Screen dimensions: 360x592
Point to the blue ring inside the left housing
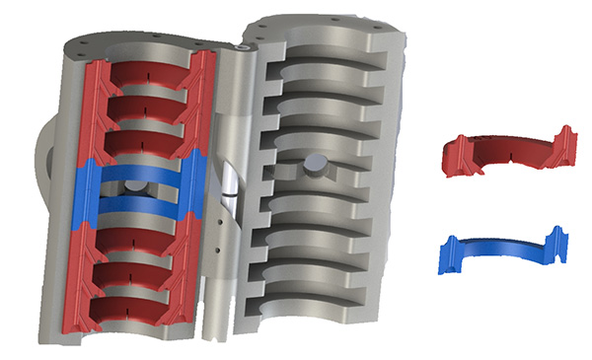138,173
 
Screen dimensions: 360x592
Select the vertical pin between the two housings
218,197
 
